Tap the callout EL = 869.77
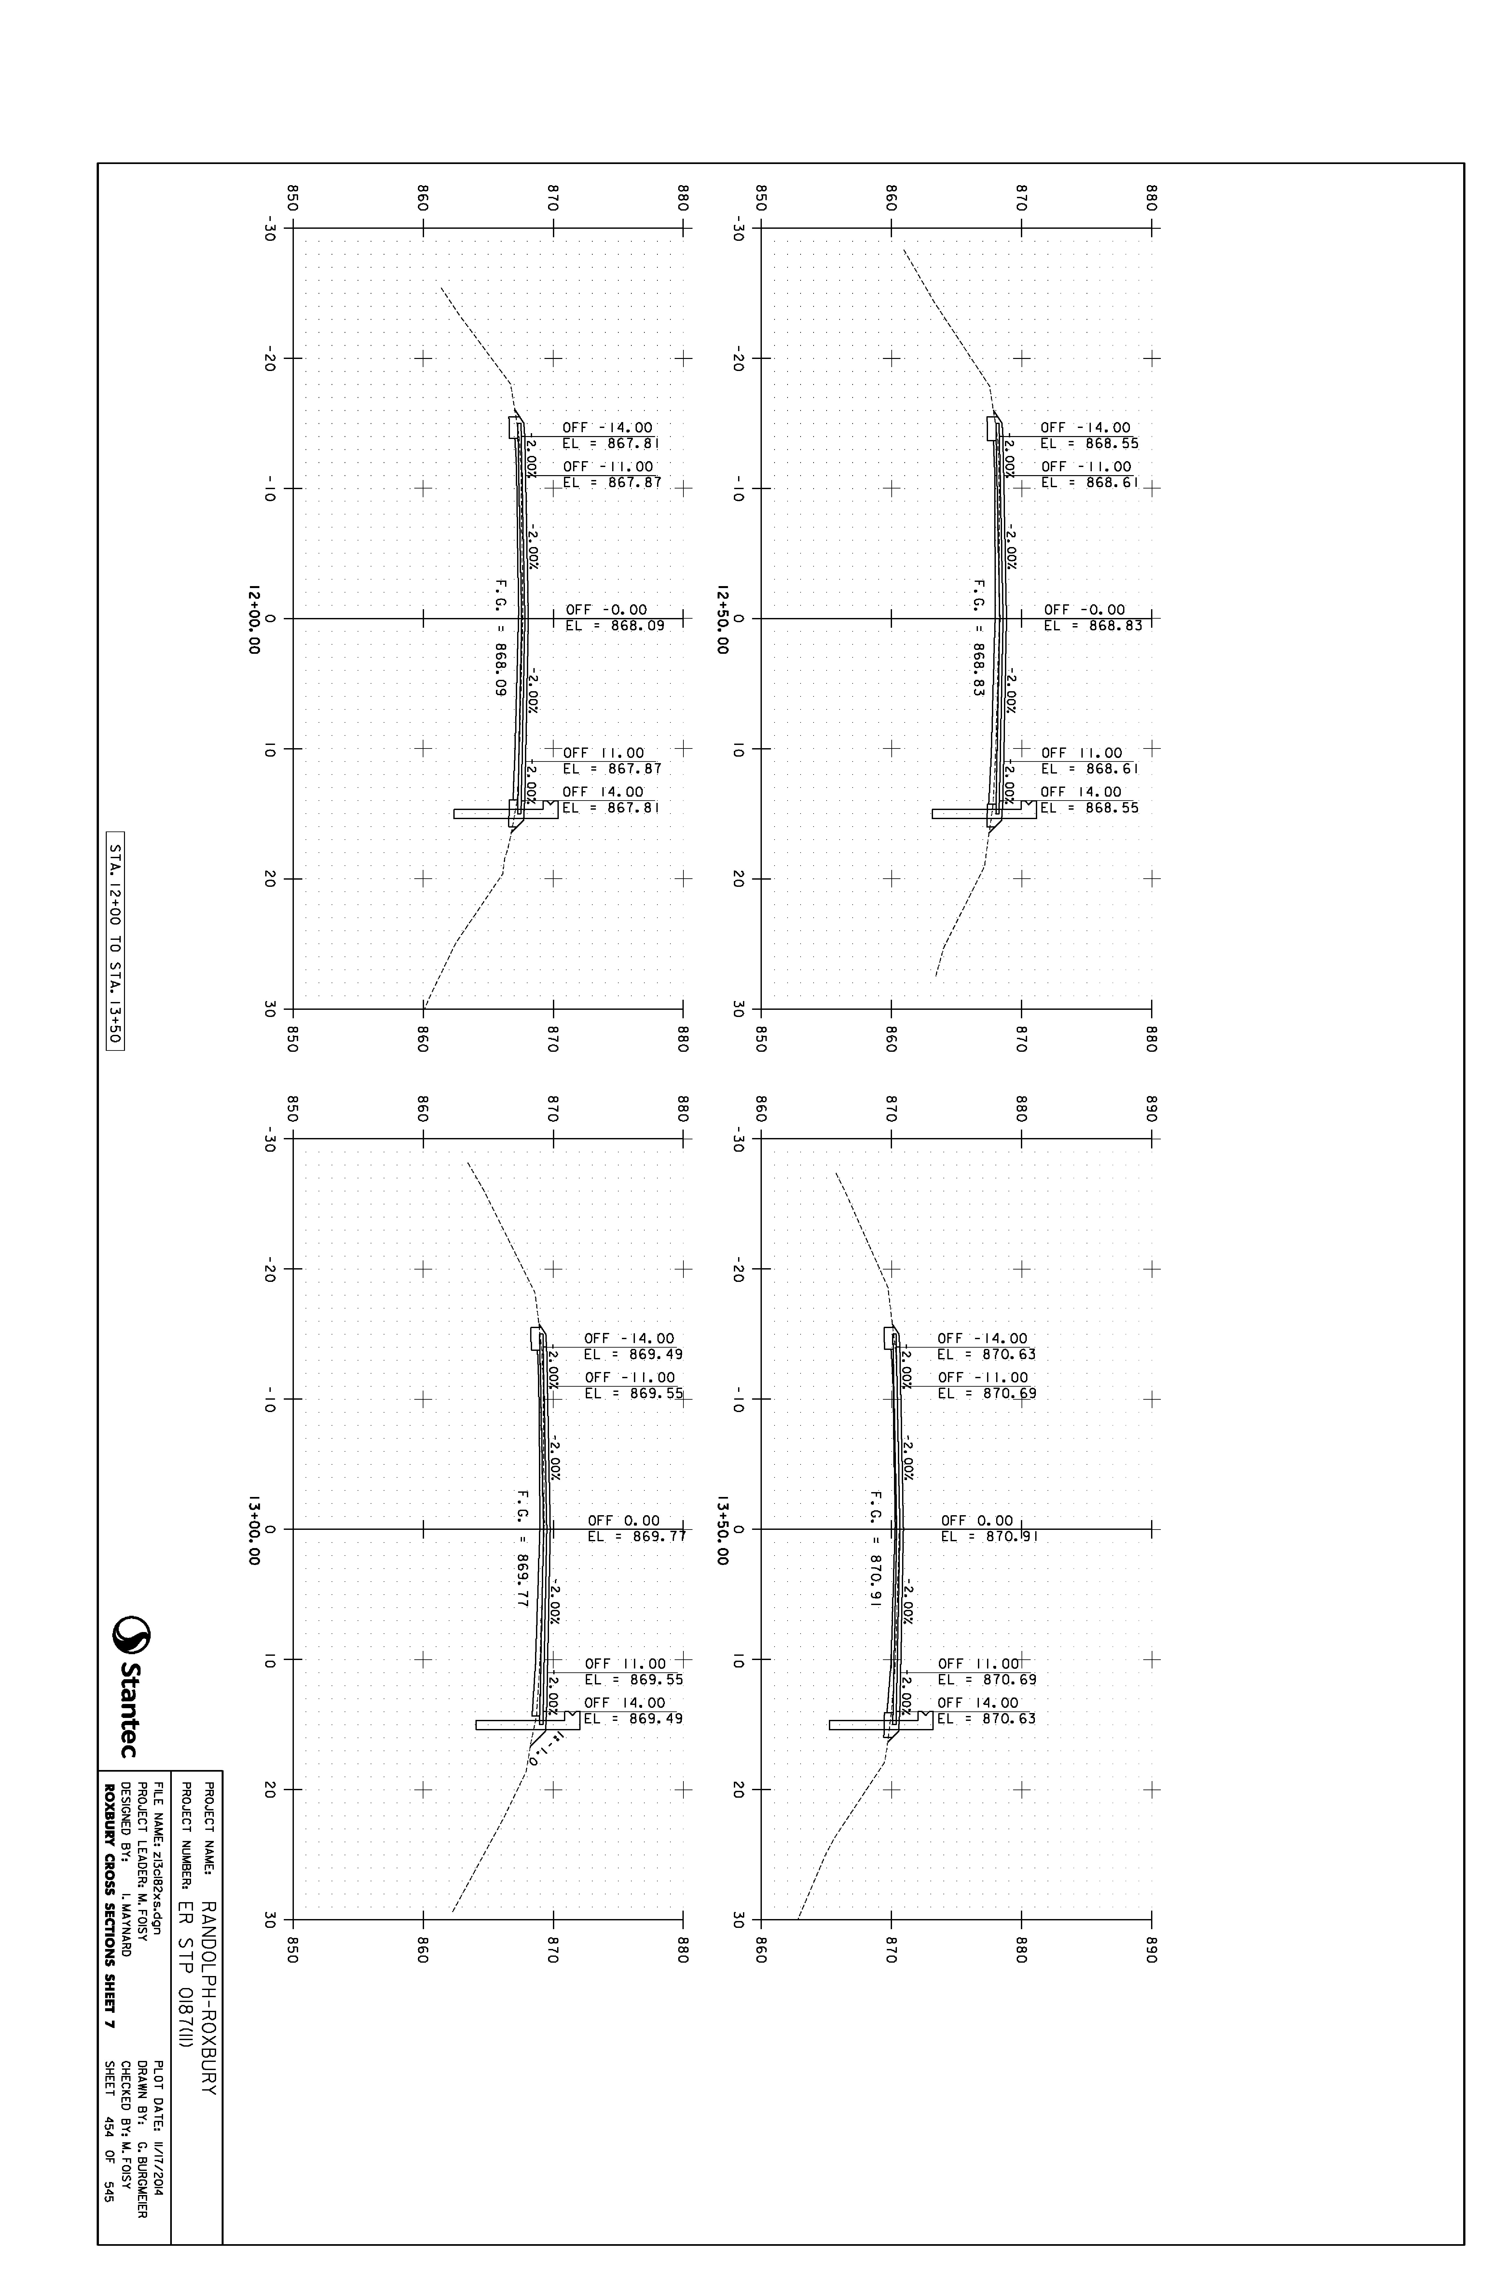click(x=637, y=1537)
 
